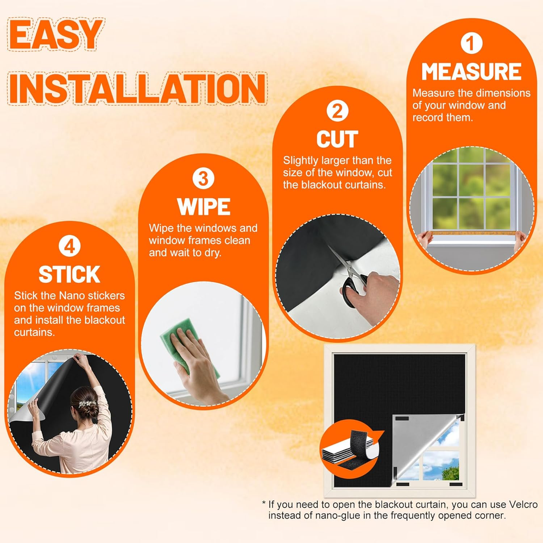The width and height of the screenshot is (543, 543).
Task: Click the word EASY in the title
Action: click(x=55, y=34)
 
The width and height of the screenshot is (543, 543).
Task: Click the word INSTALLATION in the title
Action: click(x=137, y=88)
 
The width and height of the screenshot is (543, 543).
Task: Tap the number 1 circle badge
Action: click(x=471, y=43)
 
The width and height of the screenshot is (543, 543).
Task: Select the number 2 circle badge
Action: click(x=337, y=111)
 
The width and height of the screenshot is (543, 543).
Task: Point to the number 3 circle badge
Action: click(x=203, y=178)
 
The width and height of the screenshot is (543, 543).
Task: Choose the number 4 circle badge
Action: click(x=70, y=246)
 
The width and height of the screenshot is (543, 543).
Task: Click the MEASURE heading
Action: click(x=471, y=72)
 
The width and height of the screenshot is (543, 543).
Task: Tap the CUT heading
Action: click(x=337, y=139)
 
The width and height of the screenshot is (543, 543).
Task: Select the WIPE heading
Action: click(x=204, y=207)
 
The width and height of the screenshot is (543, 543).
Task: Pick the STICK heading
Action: click(x=70, y=275)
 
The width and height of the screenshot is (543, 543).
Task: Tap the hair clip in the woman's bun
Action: click(x=86, y=403)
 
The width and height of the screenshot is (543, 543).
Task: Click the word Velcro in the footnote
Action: click(x=523, y=504)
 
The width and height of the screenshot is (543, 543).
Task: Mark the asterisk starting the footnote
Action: click(x=264, y=503)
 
